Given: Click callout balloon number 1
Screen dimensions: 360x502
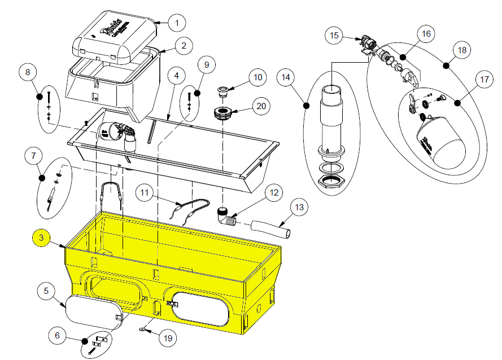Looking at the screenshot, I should pos(177,23).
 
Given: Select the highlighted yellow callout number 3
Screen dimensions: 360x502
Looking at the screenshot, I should pos(41,238).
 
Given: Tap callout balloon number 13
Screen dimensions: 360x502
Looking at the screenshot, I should pos(300,207).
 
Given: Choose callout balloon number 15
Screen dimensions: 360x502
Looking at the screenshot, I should pos(334,36).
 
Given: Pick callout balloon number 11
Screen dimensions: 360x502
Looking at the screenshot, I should pos(146,193).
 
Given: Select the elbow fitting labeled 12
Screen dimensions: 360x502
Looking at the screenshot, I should pos(226,216).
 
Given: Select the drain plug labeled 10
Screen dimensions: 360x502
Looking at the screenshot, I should pos(224,90).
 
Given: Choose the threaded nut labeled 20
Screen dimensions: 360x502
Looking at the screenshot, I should pos(221,113).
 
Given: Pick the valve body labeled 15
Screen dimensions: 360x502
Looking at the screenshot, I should pos(369,45).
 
